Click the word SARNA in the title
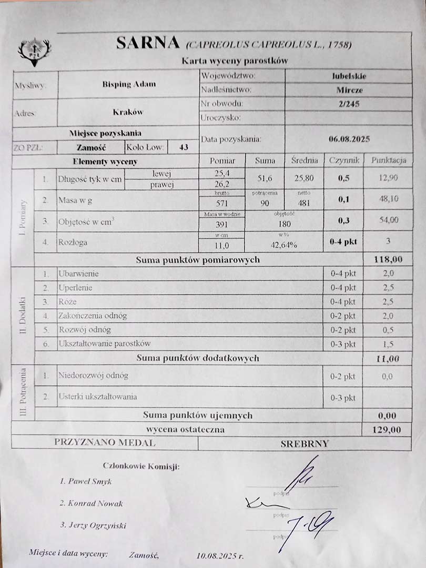click(x=148, y=43)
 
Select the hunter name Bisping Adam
click(x=129, y=84)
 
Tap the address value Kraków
click(x=128, y=112)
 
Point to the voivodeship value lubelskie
click(x=349, y=76)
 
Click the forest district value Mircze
click(x=350, y=90)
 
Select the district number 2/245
click(x=350, y=104)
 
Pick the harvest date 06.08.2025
click(x=349, y=139)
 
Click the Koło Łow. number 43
click(x=184, y=147)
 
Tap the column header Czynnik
click(x=344, y=160)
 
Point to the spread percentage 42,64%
click(x=284, y=244)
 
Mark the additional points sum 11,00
click(x=388, y=358)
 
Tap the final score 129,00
click(x=387, y=430)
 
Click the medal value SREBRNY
click(x=305, y=443)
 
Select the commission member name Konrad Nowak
click(x=95, y=503)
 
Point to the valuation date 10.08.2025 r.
click(x=220, y=554)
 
